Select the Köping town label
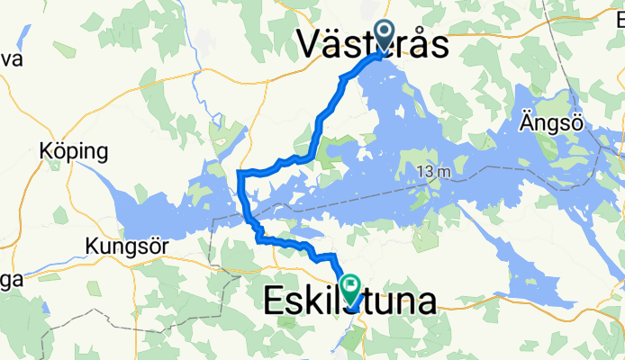coord(74,151)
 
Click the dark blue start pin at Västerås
coord(385,37)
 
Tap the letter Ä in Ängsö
coord(528,123)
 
